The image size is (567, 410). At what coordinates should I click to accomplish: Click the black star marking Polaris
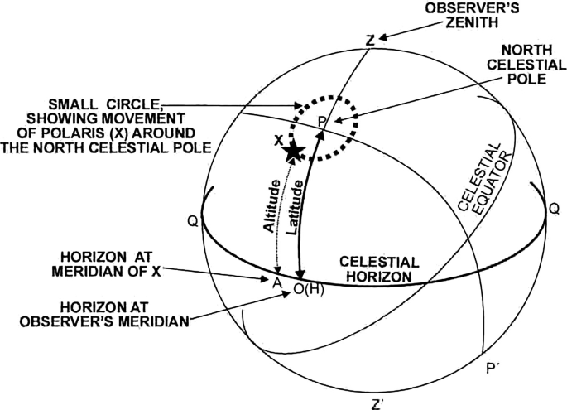(x=293, y=152)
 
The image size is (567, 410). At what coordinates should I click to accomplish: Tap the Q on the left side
(x=193, y=224)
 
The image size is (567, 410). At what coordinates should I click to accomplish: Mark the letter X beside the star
(x=279, y=139)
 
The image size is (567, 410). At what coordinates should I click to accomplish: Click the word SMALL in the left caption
(x=70, y=105)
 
